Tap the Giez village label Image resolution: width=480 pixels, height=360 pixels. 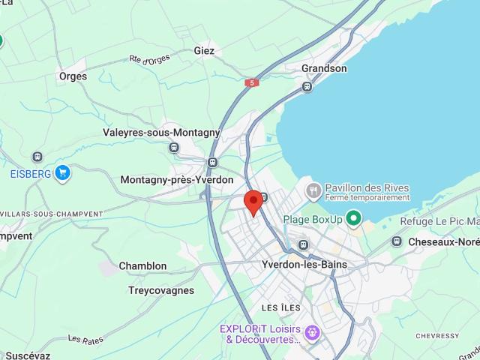[x=204, y=51]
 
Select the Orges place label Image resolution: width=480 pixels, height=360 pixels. [x=73, y=76]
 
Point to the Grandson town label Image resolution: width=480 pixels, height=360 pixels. [x=324, y=68]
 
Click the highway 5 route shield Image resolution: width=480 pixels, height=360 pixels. [x=252, y=83]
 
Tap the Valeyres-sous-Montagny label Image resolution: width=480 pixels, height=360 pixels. [x=161, y=133]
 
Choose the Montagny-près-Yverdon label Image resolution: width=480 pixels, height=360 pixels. [x=177, y=180]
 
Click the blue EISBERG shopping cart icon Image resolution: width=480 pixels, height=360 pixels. [x=62, y=173]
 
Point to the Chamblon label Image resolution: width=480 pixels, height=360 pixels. [x=142, y=266]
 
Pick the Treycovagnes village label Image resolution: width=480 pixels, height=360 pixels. [x=161, y=290]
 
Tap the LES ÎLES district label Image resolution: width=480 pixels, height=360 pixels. [x=280, y=308]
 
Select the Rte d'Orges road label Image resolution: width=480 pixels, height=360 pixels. [x=149, y=59]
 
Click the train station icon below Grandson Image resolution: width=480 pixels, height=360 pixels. [x=307, y=87]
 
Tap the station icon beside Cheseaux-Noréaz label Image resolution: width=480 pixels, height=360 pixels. [x=397, y=241]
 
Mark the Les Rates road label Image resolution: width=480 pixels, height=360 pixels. [x=85, y=340]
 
